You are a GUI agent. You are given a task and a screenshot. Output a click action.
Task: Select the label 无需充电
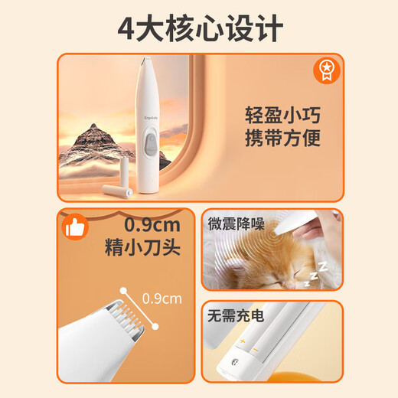(234, 314)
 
